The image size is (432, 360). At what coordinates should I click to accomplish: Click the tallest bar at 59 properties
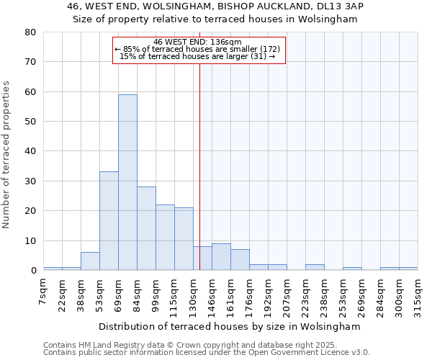click(x=127, y=182)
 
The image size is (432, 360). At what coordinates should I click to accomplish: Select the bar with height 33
click(x=109, y=221)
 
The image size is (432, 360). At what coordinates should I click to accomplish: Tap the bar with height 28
click(x=146, y=228)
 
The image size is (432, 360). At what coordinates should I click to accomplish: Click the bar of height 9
click(x=221, y=257)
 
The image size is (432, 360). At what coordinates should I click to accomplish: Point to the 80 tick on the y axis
click(x=30, y=32)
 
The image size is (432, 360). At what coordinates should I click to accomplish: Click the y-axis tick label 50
click(x=30, y=122)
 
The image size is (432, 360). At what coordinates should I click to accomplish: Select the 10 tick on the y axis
click(x=30, y=241)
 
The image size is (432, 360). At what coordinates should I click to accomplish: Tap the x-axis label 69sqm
click(x=118, y=292)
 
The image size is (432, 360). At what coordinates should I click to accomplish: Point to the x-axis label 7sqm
click(x=43, y=289)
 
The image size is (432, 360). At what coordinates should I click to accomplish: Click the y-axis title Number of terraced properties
click(x=7, y=154)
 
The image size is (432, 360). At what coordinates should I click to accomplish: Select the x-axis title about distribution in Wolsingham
click(x=229, y=326)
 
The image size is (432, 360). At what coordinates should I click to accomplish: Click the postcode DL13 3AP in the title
click(x=338, y=6)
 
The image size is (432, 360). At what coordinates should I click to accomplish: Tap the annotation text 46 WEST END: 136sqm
click(x=198, y=42)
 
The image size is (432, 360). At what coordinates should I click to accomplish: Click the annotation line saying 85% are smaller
click(x=198, y=49)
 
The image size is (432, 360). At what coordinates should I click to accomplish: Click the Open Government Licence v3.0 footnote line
click(x=207, y=353)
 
